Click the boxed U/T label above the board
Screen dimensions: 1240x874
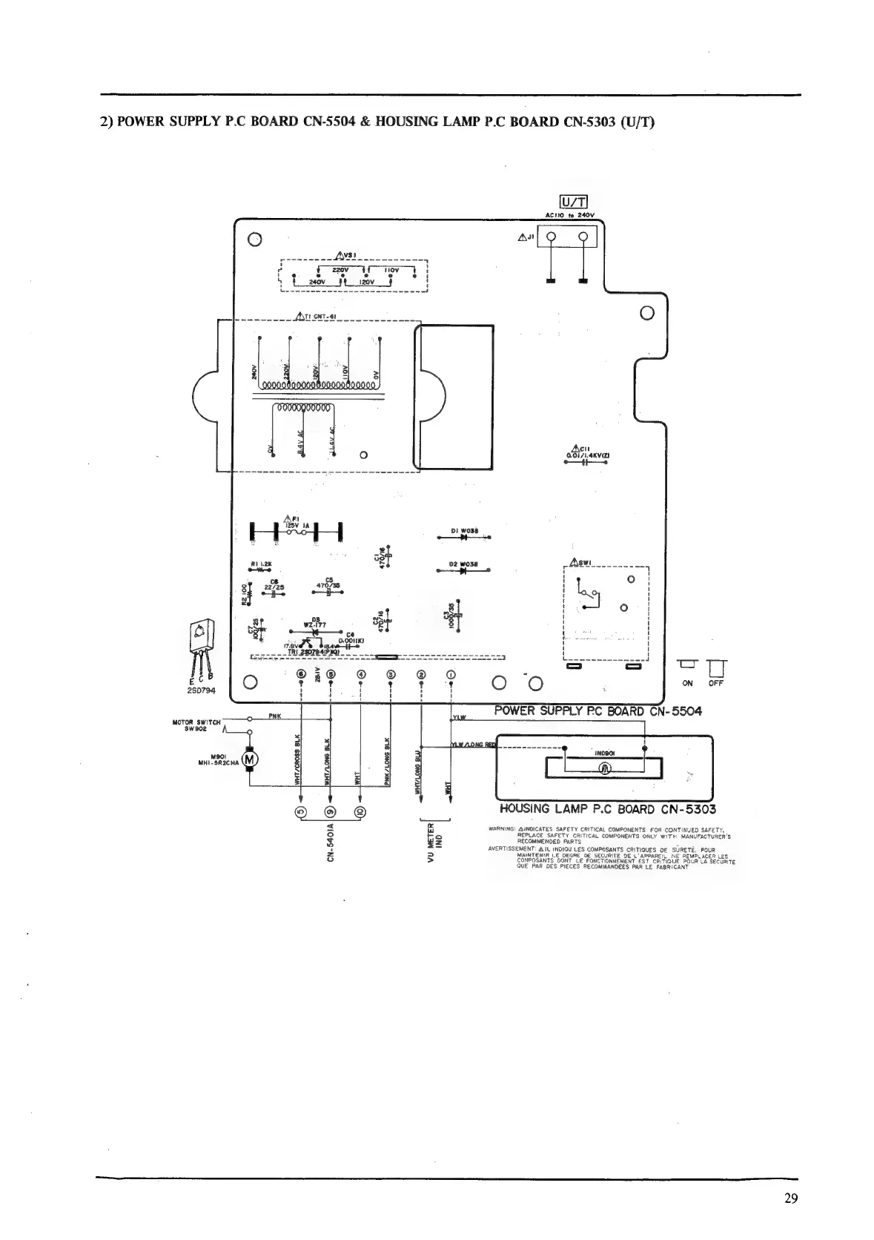[x=573, y=202]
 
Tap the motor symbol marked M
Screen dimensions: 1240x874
[x=250, y=759]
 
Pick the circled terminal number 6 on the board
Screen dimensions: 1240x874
[x=301, y=674]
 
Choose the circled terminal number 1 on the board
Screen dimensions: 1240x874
[x=451, y=674]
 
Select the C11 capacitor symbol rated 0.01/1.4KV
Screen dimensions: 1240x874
[x=586, y=462]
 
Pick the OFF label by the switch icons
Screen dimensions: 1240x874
[x=715, y=683]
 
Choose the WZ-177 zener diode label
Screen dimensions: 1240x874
[x=314, y=624]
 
